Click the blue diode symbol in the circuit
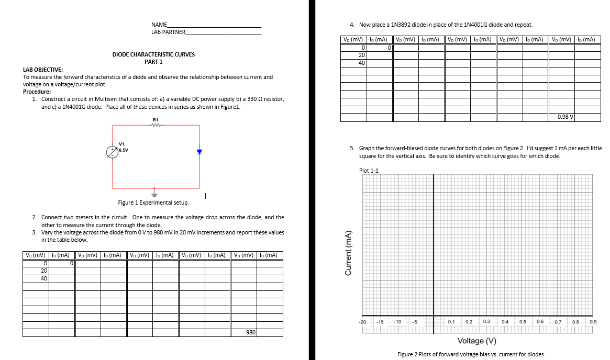click(199, 152)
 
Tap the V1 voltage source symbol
click(112, 151)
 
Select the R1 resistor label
click(155, 120)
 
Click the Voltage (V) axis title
click(476, 341)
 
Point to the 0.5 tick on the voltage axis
click(523, 321)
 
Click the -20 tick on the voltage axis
click(362, 321)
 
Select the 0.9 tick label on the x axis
click(593, 321)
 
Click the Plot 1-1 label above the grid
click(369, 171)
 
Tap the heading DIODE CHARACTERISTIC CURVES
click(153, 54)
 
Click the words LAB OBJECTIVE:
click(43, 70)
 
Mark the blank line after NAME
click(214, 25)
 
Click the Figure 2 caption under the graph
click(471, 354)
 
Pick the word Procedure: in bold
click(37, 92)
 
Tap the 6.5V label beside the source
click(124, 149)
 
